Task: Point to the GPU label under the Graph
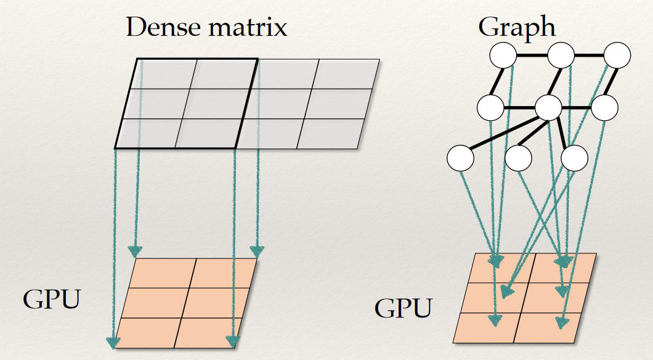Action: pyautogui.click(x=404, y=308)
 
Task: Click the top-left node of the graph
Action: pyautogui.click(x=503, y=57)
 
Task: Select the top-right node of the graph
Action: pyautogui.click(x=617, y=56)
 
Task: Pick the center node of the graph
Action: pyautogui.click(x=548, y=108)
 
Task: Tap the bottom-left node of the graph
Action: pyautogui.click(x=460, y=158)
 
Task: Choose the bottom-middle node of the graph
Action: pyautogui.click(x=518, y=158)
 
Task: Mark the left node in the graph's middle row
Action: pyautogui.click(x=491, y=108)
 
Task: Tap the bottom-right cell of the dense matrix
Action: pyautogui.click(x=330, y=133)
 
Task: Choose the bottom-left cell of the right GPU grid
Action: pyautogui.click(x=487, y=327)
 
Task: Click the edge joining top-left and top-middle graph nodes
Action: pyautogui.click(x=532, y=57)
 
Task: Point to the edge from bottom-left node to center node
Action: pyautogui.click(x=504, y=133)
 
